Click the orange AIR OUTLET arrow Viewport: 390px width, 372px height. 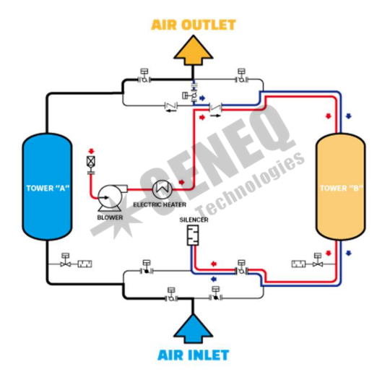pyautogui.click(x=194, y=51)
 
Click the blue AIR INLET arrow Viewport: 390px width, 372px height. pyautogui.click(x=194, y=329)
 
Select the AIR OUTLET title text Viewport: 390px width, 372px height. pyautogui.click(x=194, y=25)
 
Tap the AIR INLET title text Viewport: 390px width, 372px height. pyautogui.click(x=194, y=355)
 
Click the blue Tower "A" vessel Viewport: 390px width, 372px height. pyautogui.click(x=47, y=186)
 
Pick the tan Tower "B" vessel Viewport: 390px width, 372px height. pyautogui.click(x=340, y=186)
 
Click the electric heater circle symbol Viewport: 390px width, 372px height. pyautogui.click(x=162, y=189)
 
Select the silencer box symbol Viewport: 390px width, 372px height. pyautogui.click(x=193, y=235)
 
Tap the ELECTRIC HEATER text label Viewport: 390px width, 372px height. pyautogui.click(x=160, y=205)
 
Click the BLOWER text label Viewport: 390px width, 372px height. pyautogui.click(x=110, y=217)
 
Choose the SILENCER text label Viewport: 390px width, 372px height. pyautogui.click(x=194, y=220)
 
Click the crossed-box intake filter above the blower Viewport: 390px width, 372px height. pyautogui.click(x=91, y=161)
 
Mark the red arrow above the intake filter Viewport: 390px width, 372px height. pyautogui.click(x=92, y=151)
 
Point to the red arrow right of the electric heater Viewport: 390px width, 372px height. pyautogui.click(x=182, y=182)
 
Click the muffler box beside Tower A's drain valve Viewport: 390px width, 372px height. pyautogui.click(x=84, y=264)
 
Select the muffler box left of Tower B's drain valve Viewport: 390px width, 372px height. pyautogui.click(x=298, y=264)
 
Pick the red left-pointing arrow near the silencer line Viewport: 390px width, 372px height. pyautogui.click(x=214, y=264)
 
